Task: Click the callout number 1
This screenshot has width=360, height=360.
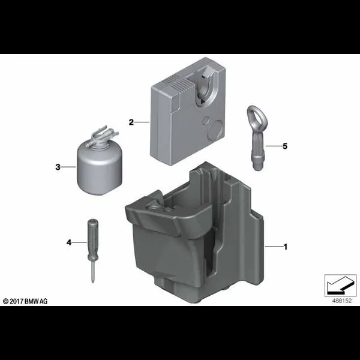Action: (x=286, y=247)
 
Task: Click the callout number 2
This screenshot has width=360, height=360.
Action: (x=131, y=122)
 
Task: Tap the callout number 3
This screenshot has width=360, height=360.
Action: (x=58, y=167)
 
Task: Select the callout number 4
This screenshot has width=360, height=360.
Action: (x=69, y=242)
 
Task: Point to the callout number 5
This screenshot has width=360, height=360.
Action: (x=285, y=146)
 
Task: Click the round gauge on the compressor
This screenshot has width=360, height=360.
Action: (x=215, y=130)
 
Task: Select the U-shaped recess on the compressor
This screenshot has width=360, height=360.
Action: (x=205, y=87)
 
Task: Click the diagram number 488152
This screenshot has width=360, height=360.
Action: (x=342, y=301)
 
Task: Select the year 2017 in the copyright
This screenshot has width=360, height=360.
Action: (x=16, y=301)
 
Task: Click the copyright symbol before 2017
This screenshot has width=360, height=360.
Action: (x=5, y=301)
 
